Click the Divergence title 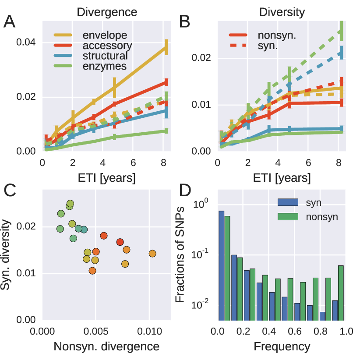pyautogui.click(x=107, y=12)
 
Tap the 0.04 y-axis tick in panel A pyautogui.click(x=25, y=42)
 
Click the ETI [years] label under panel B pyautogui.click(x=281, y=178)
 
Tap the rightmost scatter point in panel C pyautogui.click(x=152, y=254)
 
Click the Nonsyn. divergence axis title pyautogui.click(x=106, y=346)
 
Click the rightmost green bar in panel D pyautogui.click(x=341, y=293)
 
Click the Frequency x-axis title pyautogui.click(x=281, y=346)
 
